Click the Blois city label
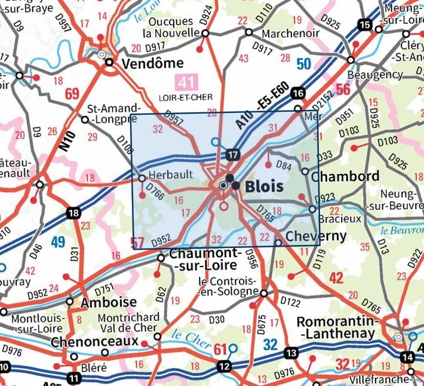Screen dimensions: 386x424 [264, 186]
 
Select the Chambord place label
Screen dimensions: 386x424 [345, 176]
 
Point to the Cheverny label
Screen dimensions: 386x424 [316, 236]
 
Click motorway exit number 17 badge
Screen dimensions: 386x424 [233, 155]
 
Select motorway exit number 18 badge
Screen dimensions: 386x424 [73, 213]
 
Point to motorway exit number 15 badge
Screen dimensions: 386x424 [364, 24]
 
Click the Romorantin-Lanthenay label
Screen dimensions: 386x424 [338, 326]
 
